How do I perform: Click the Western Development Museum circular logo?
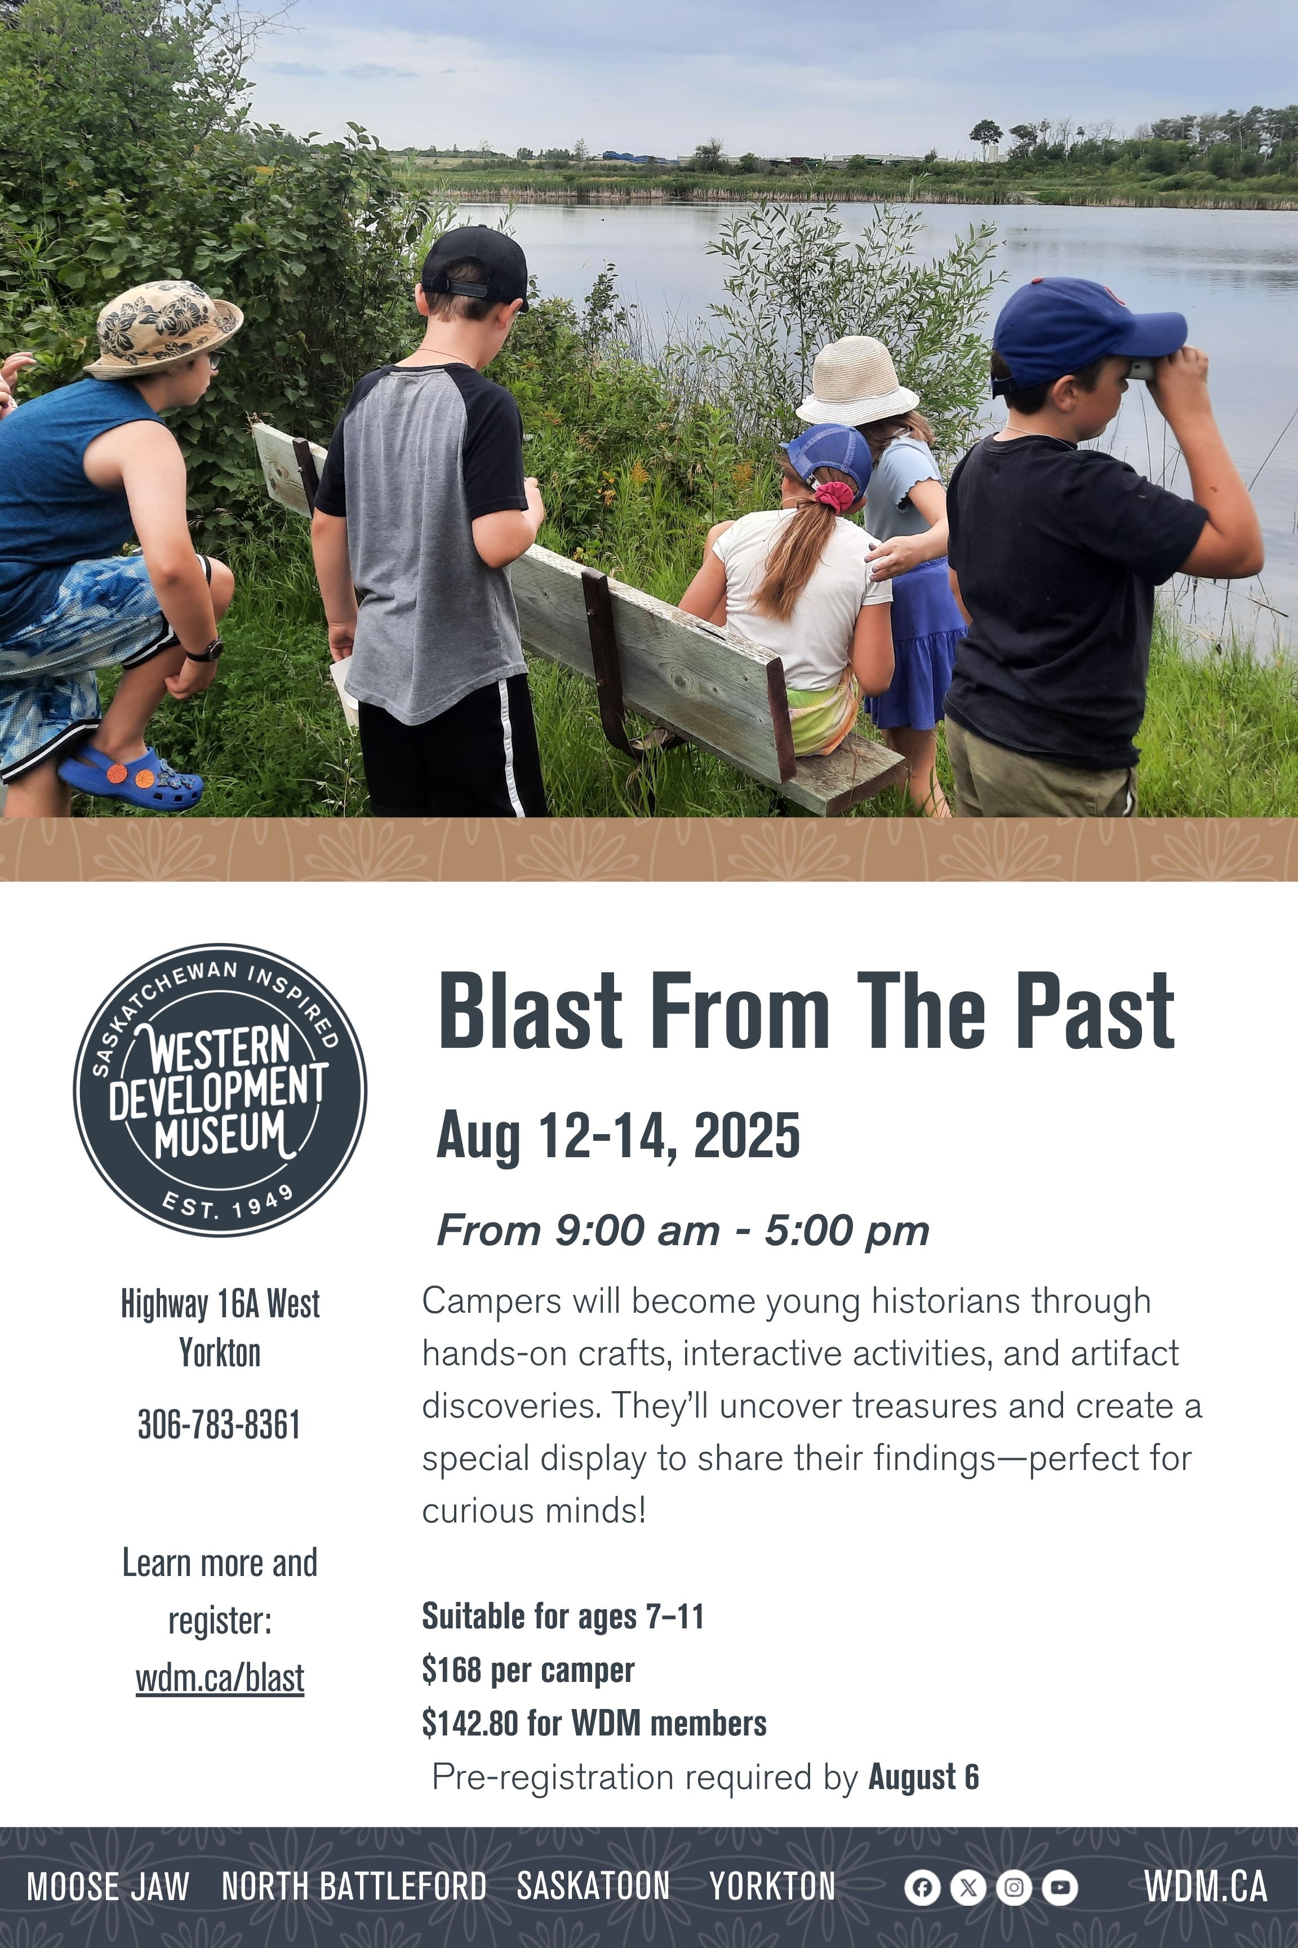click(x=219, y=1090)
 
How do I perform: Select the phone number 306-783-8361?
click(x=219, y=1424)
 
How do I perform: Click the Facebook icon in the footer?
click(x=922, y=1888)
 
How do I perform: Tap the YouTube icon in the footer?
click(x=1060, y=1888)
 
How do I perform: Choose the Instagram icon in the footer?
click(x=1014, y=1888)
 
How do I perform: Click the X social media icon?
click(x=968, y=1888)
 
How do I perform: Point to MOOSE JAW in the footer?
click(x=108, y=1888)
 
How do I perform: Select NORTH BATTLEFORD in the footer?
click(x=354, y=1888)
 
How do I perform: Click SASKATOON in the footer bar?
click(x=594, y=1888)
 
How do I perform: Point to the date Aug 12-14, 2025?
click(x=619, y=1136)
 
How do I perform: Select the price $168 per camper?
click(x=528, y=1671)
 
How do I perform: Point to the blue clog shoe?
click(x=131, y=778)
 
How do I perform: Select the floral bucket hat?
click(x=164, y=329)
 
